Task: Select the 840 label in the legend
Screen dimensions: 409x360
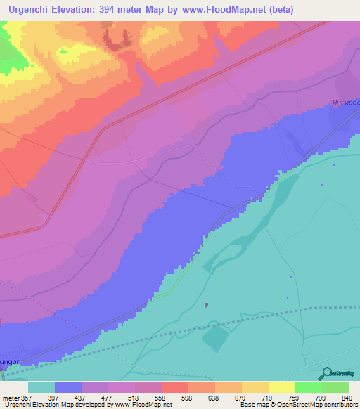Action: click(345, 397)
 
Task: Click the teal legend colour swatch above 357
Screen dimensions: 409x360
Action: click(41, 387)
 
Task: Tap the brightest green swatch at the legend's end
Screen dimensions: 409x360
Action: click(335, 387)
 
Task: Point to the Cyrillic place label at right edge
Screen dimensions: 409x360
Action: click(346, 103)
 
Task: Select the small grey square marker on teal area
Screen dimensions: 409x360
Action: click(206, 305)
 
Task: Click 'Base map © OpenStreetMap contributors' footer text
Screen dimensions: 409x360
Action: click(298, 405)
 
